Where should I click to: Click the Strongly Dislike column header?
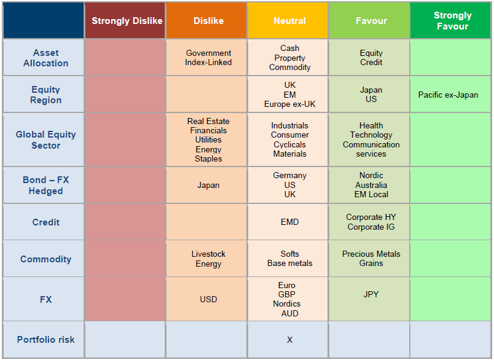click(127, 21)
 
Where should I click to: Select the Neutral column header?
click(289, 21)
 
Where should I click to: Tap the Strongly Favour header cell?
click(452, 21)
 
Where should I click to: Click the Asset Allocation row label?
click(45, 58)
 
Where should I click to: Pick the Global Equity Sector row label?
click(45, 140)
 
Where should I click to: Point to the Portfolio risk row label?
click(45, 339)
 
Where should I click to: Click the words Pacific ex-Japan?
click(448, 95)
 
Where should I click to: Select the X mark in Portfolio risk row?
click(289, 339)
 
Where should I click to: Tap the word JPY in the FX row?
click(371, 294)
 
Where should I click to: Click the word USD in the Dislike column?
click(208, 299)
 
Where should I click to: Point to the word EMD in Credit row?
click(289, 222)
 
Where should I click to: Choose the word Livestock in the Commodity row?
click(208, 254)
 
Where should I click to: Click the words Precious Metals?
click(371, 254)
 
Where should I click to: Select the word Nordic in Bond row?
click(371, 175)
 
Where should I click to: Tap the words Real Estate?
click(208, 121)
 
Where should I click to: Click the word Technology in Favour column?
click(371, 135)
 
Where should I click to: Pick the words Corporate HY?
click(371, 217)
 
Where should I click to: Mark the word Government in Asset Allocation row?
click(208, 53)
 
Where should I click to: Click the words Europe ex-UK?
click(289, 104)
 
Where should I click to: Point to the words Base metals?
click(289, 263)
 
